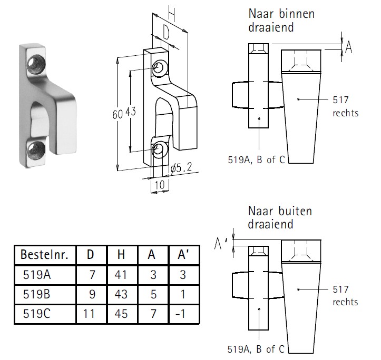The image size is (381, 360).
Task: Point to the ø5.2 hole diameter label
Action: [181, 168]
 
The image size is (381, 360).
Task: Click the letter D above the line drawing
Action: [165, 33]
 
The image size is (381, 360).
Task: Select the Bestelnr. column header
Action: [44, 255]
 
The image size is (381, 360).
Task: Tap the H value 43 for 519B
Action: [121, 294]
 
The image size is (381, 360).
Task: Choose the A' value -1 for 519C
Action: [179, 314]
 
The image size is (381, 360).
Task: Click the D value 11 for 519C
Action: [90, 314]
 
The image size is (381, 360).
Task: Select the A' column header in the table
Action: [179, 255]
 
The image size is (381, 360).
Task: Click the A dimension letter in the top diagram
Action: [348, 48]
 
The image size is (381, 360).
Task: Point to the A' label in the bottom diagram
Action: [221, 243]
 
